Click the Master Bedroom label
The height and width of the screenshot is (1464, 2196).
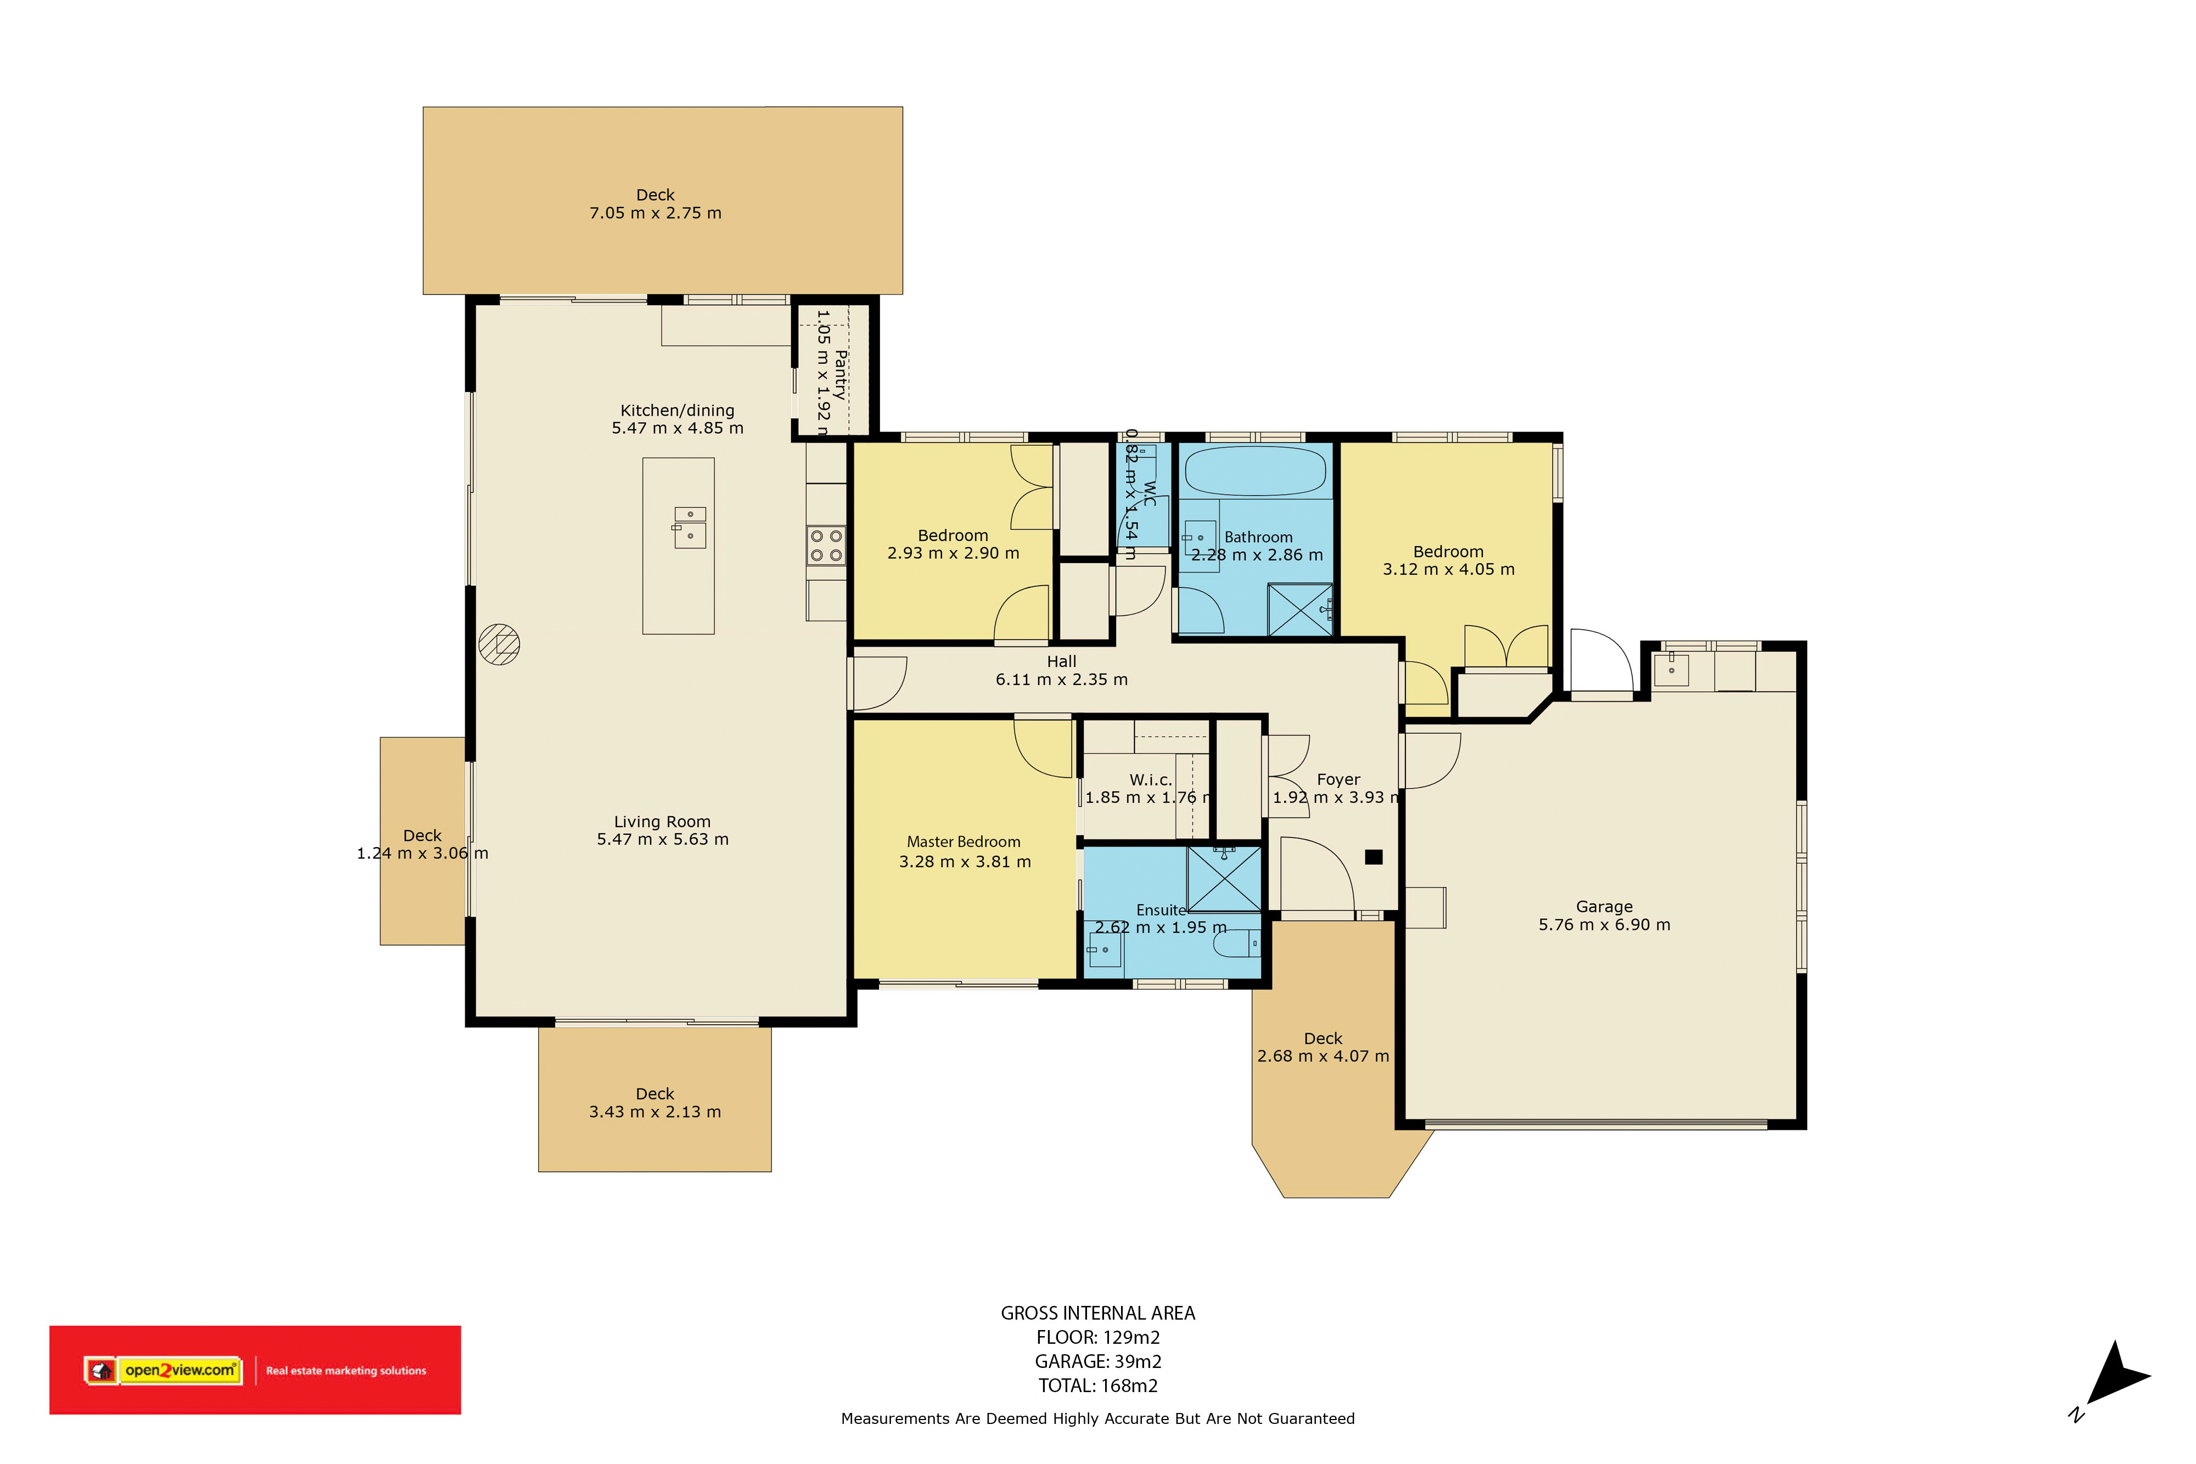(963, 842)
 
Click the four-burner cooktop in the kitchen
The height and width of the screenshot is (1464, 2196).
(826, 545)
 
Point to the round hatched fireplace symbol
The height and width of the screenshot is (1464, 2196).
(500, 644)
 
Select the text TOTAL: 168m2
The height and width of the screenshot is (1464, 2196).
(1098, 1386)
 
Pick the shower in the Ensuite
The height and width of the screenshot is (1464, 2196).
(1224, 879)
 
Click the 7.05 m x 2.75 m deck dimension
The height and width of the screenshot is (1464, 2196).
(656, 213)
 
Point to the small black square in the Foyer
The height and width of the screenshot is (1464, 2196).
(1374, 857)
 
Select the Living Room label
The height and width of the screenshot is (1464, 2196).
(662, 822)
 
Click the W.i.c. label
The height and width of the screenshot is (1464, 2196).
(1150, 779)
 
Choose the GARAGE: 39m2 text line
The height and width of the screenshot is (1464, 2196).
(1098, 1361)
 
